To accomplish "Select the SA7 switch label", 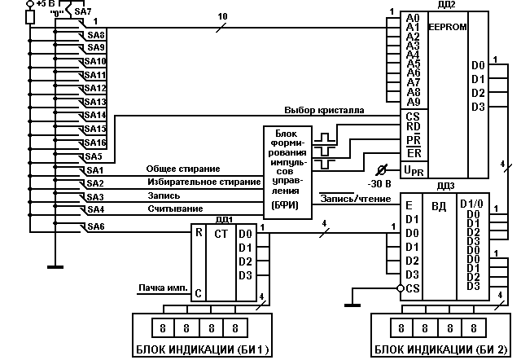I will point(82,13).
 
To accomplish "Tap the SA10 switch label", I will point(96,61).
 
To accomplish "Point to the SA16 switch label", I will point(96,142).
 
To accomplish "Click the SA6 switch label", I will point(96,226).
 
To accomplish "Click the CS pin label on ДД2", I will point(412,116).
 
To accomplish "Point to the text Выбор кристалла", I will point(324,109).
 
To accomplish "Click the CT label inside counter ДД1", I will point(221,234).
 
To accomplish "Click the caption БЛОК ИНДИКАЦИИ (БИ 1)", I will point(202,350).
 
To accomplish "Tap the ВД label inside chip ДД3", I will point(440,206).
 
